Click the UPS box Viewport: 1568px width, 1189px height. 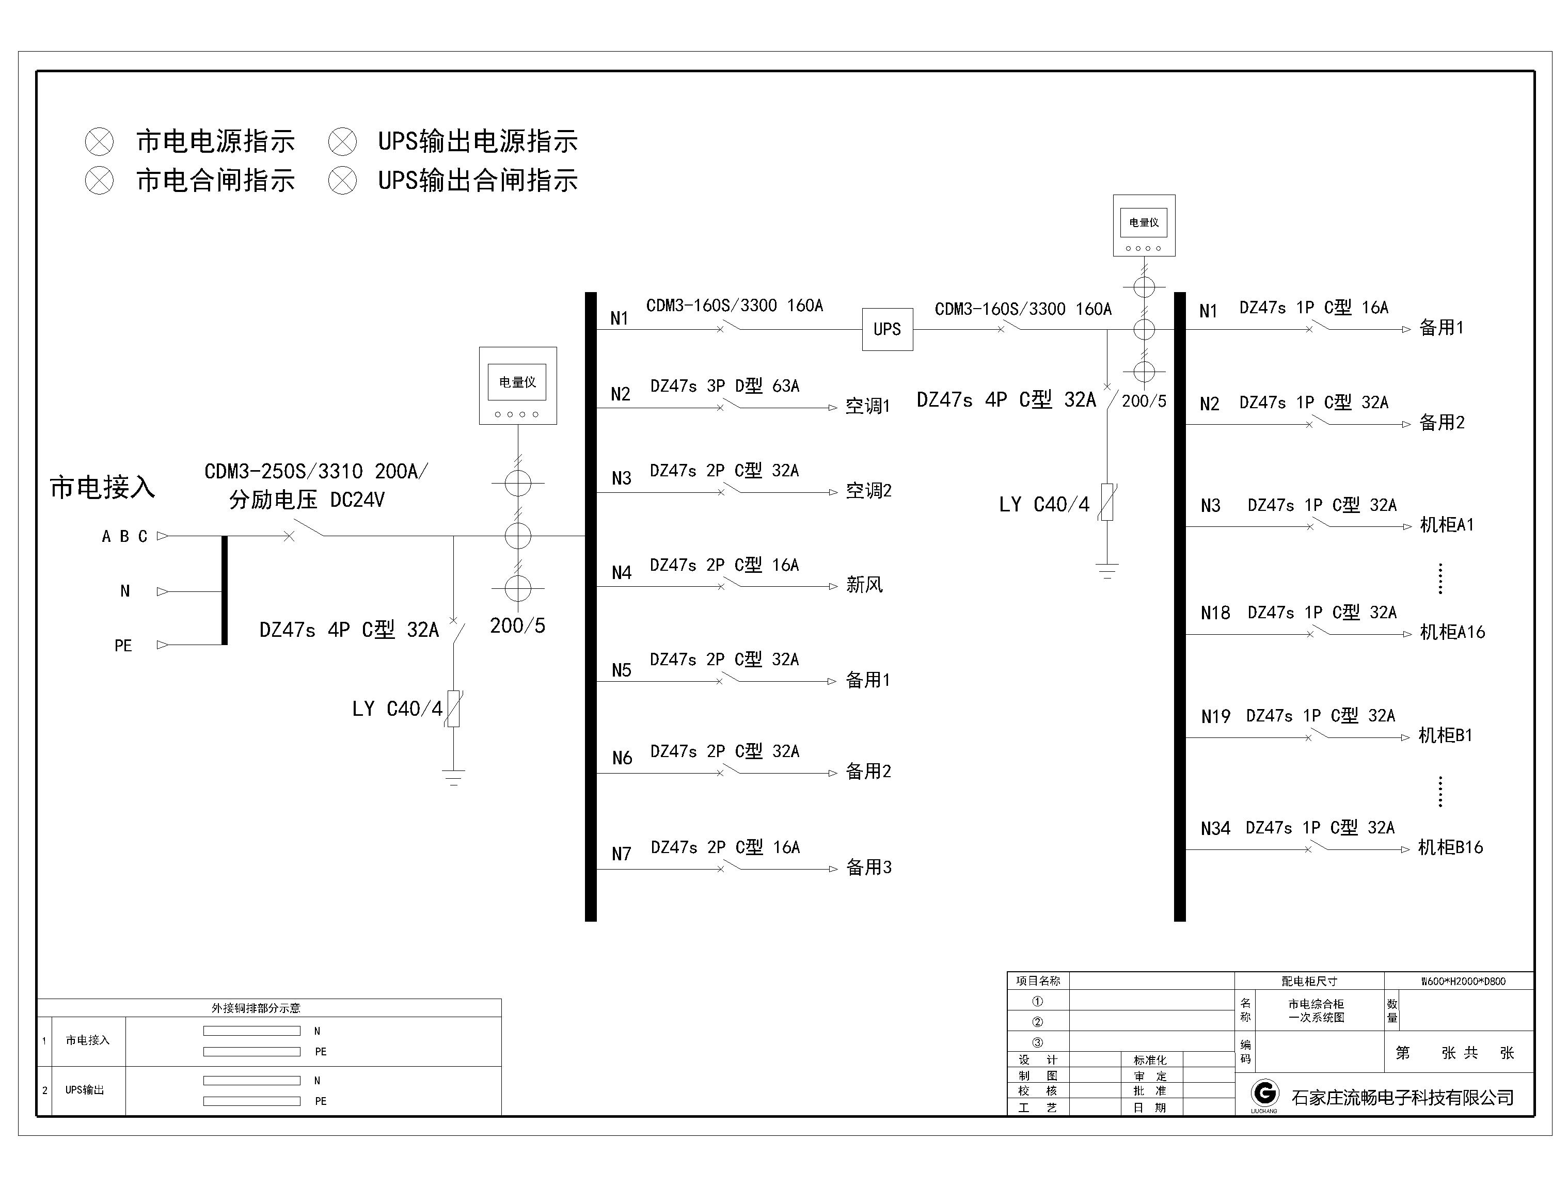tap(887, 329)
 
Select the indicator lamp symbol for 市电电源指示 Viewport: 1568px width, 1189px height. tap(99, 142)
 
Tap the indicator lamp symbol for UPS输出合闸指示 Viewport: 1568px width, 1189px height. tap(342, 181)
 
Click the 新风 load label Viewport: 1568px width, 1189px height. tap(864, 585)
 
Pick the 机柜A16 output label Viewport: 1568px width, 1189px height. tap(1452, 632)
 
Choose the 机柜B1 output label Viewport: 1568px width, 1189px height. tap(1445, 735)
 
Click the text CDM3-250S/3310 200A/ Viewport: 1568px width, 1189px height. tap(316, 472)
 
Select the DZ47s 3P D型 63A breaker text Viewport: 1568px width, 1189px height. tap(724, 386)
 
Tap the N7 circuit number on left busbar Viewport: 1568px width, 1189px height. tap(622, 854)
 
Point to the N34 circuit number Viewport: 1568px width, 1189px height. tap(1215, 828)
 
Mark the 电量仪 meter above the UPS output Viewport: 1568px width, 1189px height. tap(1144, 226)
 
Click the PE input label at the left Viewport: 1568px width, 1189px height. tap(123, 646)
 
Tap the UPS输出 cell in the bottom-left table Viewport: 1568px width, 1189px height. tap(84, 1090)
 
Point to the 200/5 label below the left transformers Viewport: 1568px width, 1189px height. tap(517, 625)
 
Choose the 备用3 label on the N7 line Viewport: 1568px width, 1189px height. tap(868, 867)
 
